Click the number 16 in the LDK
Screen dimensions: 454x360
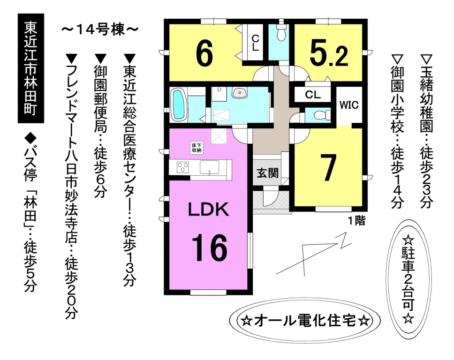(x=209, y=247)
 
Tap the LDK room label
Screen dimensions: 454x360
(x=208, y=210)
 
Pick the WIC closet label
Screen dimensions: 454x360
(x=349, y=105)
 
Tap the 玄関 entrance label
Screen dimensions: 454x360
(x=268, y=173)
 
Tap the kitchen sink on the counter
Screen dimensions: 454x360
(x=209, y=167)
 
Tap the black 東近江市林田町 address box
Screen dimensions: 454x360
(x=31, y=68)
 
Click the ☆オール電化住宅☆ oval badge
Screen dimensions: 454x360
(x=304, y=321)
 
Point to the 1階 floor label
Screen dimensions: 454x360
(x=356, y=221)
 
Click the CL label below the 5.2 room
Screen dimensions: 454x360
(x=313, y=94)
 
